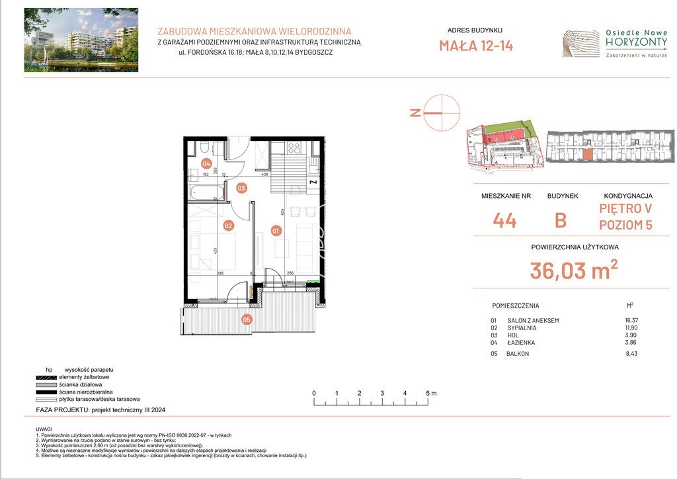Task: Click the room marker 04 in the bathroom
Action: point(206,163)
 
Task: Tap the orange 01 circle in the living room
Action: point(276,231)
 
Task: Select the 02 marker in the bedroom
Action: point(228,226)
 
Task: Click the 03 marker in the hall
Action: point(242,188)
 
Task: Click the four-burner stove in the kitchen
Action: point(294,148)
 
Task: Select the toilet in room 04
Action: point(205,147)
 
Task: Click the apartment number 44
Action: point(504,220)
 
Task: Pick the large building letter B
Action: point(560,220)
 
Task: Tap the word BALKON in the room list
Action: point(519,355)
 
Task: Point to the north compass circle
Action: point(441,113)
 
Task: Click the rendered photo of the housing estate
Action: point(81,40)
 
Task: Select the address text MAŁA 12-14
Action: point(475,46)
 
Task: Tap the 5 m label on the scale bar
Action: point(432,393)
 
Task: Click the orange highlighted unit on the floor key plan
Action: point(587,155)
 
